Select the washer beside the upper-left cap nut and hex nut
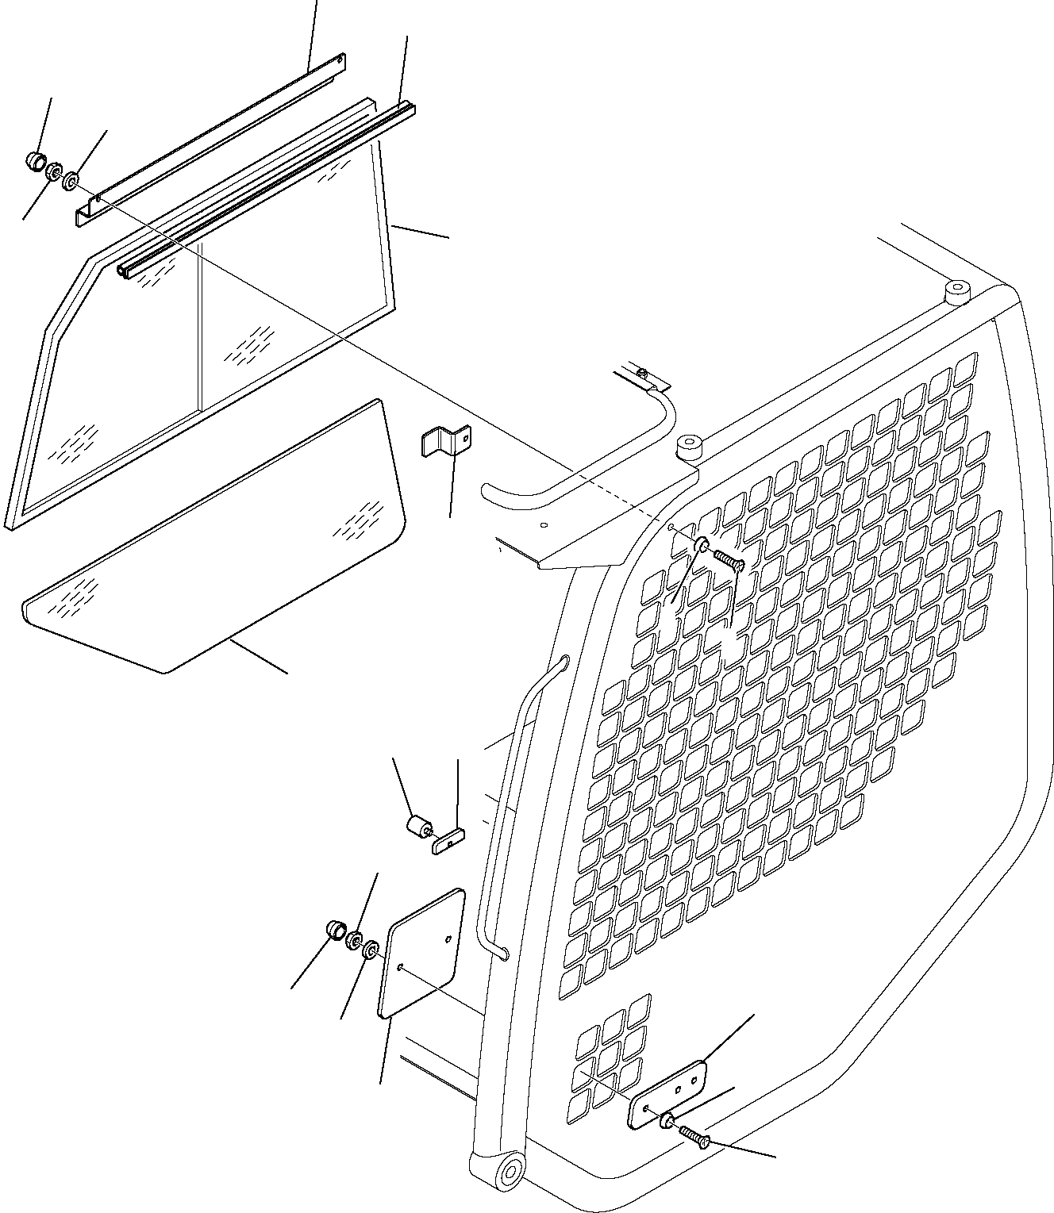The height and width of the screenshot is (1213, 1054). point(71,182)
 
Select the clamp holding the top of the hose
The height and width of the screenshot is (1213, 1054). point(643,378)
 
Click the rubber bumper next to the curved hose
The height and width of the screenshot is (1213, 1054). point(687,448)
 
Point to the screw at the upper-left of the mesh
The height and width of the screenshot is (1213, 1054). point(728,559)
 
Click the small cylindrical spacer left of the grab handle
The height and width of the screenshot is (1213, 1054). point(418,827)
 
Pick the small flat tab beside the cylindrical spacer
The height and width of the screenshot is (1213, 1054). point(449,841)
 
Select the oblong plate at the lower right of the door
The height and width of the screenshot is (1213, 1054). point(667,1094)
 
